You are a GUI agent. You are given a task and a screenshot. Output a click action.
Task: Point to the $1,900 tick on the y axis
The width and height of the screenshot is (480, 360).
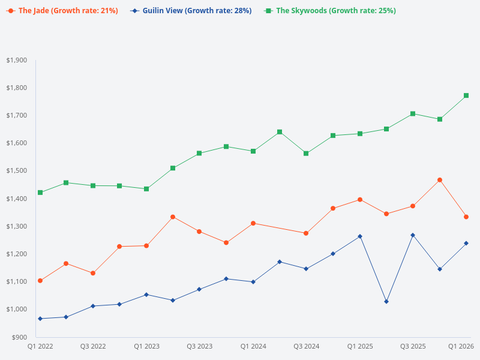[x=16, y=60]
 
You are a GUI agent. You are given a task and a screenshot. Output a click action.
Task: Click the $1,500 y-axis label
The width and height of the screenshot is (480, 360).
[x=16, y=171]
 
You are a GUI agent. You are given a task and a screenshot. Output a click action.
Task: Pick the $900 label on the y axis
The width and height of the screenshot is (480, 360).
[x=19, y=337]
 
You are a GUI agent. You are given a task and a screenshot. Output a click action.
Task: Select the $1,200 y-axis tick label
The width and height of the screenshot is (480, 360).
[x=16, y=254]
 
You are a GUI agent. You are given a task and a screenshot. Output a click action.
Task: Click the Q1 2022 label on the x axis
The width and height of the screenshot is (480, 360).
[x=40, y=347]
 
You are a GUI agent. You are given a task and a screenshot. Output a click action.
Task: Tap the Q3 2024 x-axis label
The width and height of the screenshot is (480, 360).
[x=306, y=347]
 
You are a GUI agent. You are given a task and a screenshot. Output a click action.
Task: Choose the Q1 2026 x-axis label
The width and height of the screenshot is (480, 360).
[x=461, y=347]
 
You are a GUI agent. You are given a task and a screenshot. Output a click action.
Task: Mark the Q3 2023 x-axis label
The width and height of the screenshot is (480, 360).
[x=199, y=347]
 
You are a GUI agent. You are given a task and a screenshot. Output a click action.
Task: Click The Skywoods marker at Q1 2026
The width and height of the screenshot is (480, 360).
[x=466, y=95]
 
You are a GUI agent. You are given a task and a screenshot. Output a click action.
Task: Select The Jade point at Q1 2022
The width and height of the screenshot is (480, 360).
[x=40, y=281]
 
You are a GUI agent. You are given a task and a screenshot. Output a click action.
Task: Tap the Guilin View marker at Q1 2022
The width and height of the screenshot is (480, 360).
[x=40, y=319]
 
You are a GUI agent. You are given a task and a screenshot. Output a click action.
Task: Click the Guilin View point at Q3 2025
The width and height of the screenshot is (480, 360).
[x=413, y=235]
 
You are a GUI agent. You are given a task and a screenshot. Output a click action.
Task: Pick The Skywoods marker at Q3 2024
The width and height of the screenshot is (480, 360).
[x=306, y=154]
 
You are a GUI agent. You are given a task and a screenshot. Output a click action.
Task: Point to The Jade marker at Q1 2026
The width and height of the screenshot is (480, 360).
[x=466, y=217]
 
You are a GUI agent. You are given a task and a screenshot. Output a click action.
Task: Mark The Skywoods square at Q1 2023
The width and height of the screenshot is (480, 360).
[x=146, y=189]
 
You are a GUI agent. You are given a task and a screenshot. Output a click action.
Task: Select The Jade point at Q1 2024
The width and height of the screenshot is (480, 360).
[x=253, y=223]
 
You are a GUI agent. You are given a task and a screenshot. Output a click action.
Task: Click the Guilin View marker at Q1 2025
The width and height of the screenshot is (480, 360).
[x=360, y=236]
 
